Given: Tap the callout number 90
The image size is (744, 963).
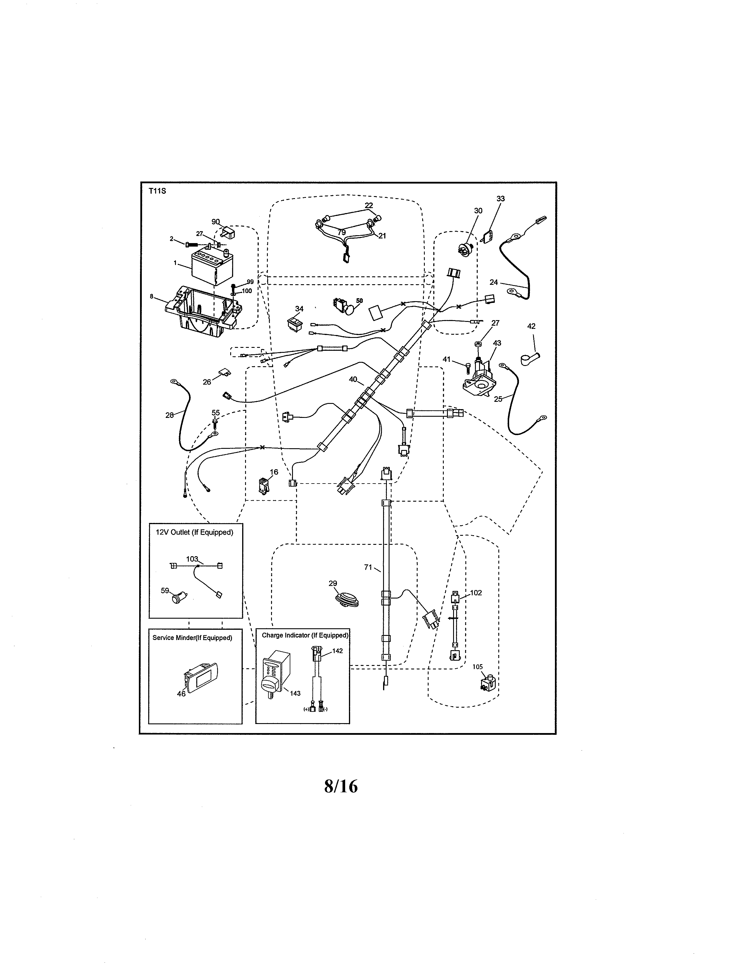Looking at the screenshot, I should pos(216,222).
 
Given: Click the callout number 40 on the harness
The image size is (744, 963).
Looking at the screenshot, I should pos(353,379).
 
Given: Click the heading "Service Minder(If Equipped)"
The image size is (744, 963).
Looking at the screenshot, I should pos(192,638).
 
